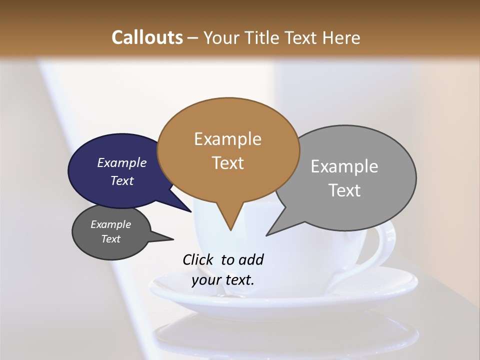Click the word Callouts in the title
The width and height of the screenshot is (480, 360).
click(x=147, y=37)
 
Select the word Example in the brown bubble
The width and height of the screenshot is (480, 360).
click(x=227, y=139)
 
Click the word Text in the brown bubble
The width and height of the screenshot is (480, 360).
click(x=227, y=163)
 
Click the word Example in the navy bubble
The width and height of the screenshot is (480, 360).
click(x=121, y=162)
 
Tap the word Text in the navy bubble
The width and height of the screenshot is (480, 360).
click(x=121, y=180)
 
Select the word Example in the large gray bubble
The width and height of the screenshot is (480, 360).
click(x=344, y=166)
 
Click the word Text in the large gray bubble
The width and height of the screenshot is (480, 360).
click(x=344, y=190)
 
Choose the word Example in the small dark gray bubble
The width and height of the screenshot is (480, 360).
click(x=110, y=224)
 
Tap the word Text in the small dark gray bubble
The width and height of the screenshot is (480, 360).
click(x=110, y=239)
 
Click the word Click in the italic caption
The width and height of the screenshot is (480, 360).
click(x=198, y=259)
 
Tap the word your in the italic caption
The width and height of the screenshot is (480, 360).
click(x=205, y=280)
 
